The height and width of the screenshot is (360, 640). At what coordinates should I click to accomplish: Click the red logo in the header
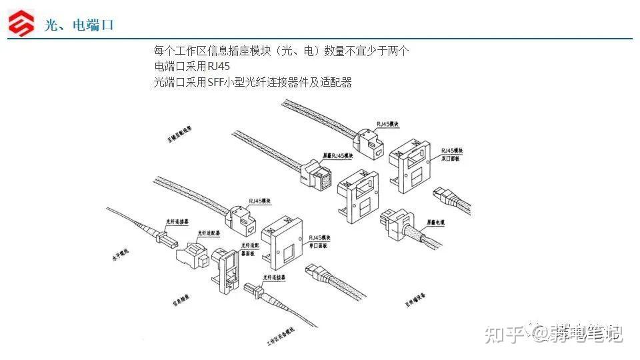(x=21, y=24)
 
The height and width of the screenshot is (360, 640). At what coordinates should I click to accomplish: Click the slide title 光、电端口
(x=79, y=25)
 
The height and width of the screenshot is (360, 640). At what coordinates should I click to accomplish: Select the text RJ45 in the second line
(x=219, y=67)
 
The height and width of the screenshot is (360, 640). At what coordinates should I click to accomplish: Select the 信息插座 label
(x=182, y=301)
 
